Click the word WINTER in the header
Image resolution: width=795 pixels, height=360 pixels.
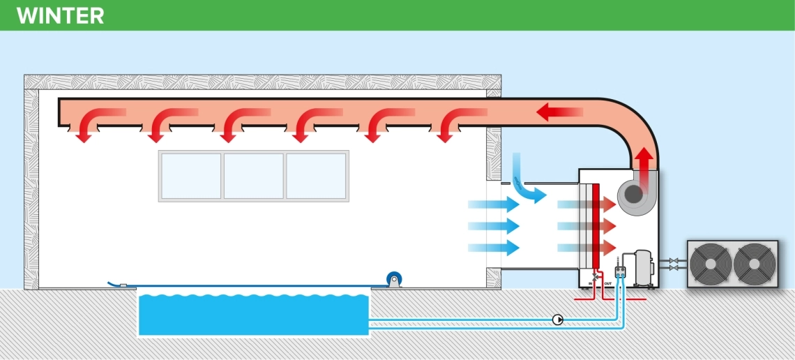pyautogui.click(x=60, y=15)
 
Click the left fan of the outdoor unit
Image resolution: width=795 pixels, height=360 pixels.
pyautogui.click(x=711, y=264)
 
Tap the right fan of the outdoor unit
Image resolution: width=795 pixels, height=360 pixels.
pyautogui.click(x=754, y=264)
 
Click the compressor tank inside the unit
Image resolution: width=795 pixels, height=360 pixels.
pyautogui.click(x=643, y=267)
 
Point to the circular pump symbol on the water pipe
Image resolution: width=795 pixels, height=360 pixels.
pyautogui.click(x=558, y=320)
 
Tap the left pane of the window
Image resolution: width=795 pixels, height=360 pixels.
pyautogui.click(x=191, y=176)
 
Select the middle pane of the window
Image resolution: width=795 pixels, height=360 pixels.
pyautogui.click(x=253, y=176)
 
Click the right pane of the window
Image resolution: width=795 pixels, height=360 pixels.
pyautogui.click(x=316, y=176)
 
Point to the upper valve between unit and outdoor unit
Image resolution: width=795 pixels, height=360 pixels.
pyautogui.click(x=673, y=261)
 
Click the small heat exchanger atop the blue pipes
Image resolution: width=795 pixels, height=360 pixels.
pyautogui.click(x=620, y=273)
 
